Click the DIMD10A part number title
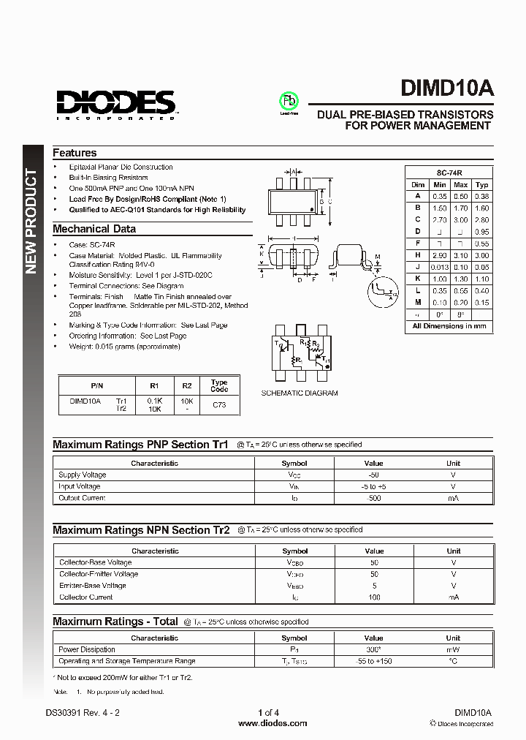(x=446, y=88)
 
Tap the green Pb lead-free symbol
(x=289, y=101)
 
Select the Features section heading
(x=75, y=153)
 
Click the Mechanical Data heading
(x=94, y=229)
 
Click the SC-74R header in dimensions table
(x=449, y=173)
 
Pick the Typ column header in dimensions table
(x=482, y=185)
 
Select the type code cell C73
(x=219, y=404)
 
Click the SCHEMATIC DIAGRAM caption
(x=300, y=393)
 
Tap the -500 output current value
(x=373, y=498)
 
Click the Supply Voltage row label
(x=82, y=475)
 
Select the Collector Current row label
(x=85, y=597)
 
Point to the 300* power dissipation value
(x=373, y=649)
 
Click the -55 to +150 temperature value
(x=373, y=661)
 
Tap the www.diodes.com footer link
(x=273, y=723)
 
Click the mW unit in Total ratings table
(x=454, y=649)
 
